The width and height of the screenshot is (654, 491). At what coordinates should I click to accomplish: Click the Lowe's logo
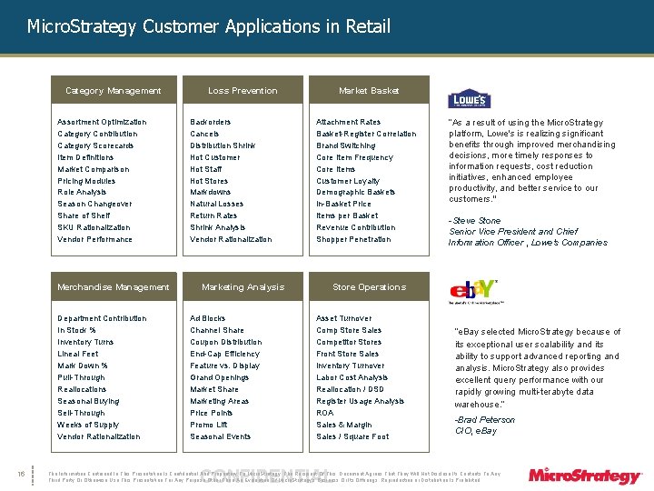470,99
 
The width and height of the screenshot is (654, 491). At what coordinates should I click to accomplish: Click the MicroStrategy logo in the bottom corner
586,475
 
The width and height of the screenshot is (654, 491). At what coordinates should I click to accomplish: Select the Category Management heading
114,91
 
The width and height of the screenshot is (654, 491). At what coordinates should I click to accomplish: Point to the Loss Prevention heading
243,91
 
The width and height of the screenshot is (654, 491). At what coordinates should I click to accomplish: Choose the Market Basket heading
369,91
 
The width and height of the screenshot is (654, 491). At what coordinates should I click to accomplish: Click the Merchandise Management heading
114,287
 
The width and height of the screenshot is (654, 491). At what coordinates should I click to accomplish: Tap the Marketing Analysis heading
243,287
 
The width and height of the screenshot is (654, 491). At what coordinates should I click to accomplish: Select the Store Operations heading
369,287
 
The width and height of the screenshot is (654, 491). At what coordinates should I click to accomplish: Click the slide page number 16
20,472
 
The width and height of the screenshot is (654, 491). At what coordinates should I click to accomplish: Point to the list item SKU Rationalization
94,227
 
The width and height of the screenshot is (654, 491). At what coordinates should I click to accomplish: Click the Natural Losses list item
216,204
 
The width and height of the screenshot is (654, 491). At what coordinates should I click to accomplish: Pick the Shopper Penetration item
353,239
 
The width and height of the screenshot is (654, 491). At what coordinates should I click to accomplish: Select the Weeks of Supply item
88,425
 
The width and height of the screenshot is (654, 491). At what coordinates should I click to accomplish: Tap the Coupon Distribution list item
225,342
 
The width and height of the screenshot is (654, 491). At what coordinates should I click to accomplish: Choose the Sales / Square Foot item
352,436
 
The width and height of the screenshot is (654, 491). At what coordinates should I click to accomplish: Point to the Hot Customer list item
215,157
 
